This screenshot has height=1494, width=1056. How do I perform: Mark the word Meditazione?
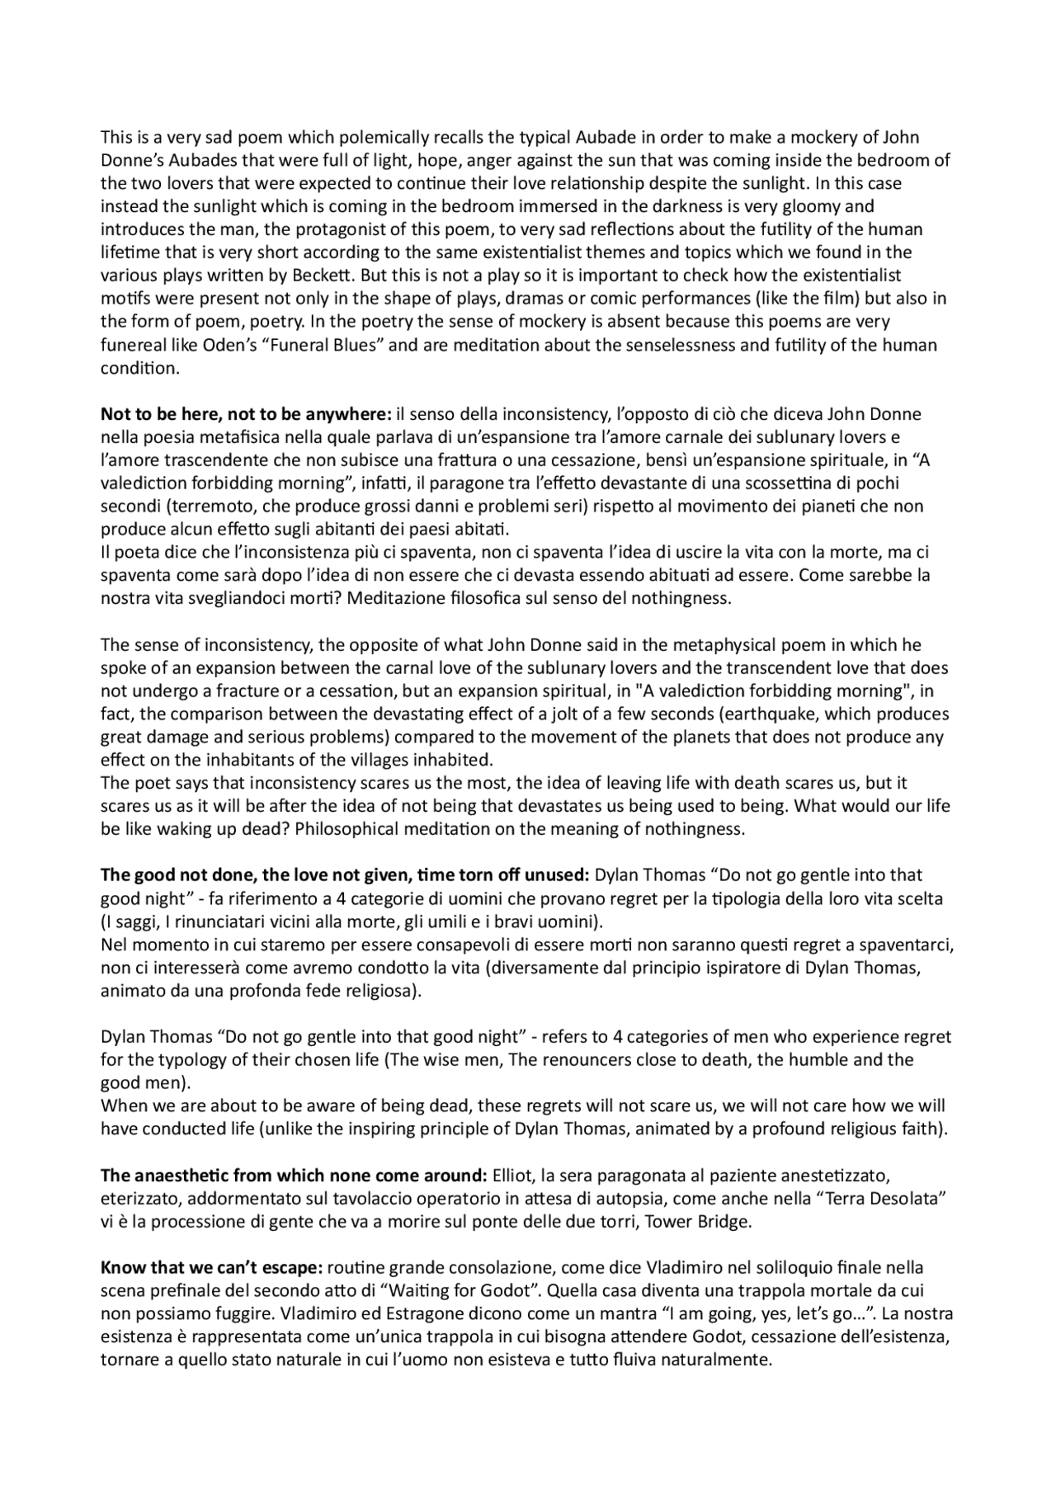[x=397, y=598]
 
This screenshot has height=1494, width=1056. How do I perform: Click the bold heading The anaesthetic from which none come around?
[x=294, y=1174]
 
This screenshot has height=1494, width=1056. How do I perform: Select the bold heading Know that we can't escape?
[x=212, y=1266]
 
